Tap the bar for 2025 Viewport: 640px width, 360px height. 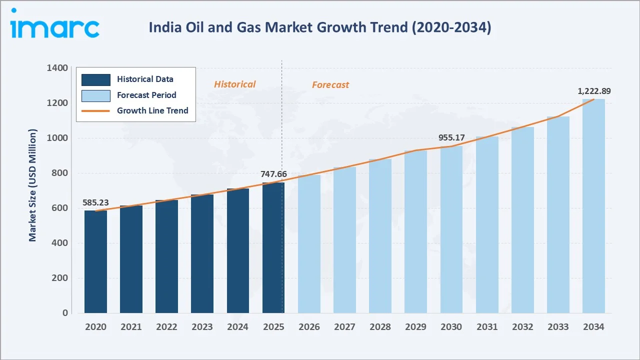click(x=273, y=247)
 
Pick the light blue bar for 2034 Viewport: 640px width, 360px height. click(x=593, y=206)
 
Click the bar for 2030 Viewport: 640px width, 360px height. click(x=451, y=229)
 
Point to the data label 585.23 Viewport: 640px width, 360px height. click(x=95, y=203)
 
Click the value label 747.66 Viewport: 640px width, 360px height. click(x=274, y=174)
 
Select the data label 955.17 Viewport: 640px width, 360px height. click(x=451, y=137)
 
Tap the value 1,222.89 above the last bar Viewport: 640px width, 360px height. click(x=594, y=91)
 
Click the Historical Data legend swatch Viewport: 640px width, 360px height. click(x=95, y=79)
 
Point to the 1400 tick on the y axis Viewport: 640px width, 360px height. click(x=57, y=68)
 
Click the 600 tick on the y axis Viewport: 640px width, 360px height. click(x=59, y=208)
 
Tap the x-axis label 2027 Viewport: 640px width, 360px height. click(x=344, y=327)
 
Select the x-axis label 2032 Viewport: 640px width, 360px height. click(x=522, y=327)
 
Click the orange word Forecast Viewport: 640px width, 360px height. click(x=330, y=85)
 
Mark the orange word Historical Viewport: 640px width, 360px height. click(x=234, y=84)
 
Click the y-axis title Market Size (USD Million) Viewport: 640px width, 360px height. click(x=33, y=185)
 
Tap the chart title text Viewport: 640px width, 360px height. click(x=320, y=27)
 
